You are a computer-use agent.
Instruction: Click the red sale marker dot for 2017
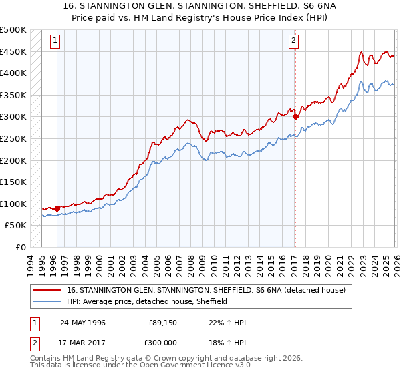(295, 116)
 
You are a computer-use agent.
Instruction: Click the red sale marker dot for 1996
(57, 208)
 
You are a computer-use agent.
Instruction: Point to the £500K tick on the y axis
(13, 30)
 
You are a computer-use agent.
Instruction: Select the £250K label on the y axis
(13, 138)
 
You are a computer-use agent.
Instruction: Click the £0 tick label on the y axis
(20, 247)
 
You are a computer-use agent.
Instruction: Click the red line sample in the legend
(48, 290)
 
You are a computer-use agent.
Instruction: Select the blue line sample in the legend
(48, 301)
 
